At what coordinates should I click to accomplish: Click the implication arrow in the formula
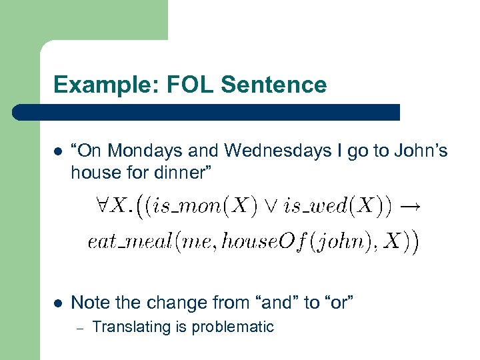pyautogui.click(x=410, y=207)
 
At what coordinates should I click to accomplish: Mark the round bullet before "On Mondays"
pyautogui.click(x=58, y=152)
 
